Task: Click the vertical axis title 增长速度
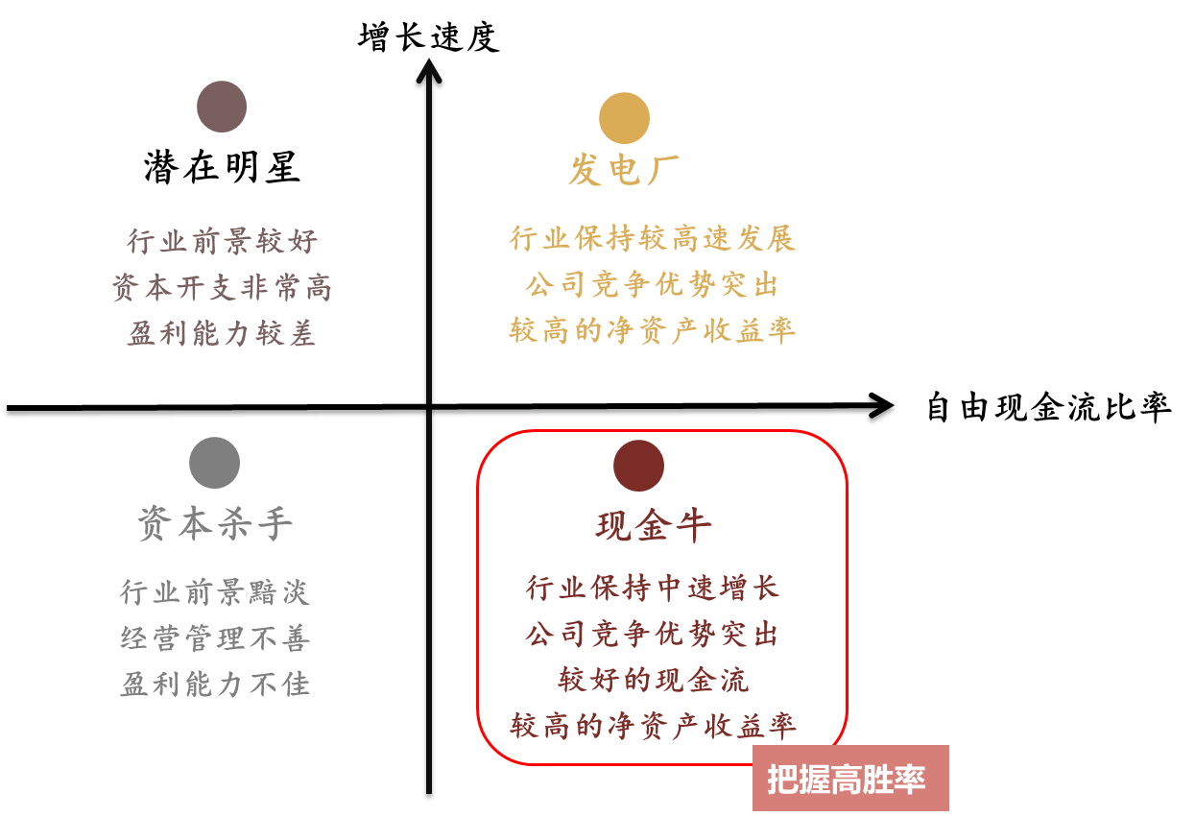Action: (x=429, y=36)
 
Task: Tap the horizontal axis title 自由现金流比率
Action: (x=1049, y=407)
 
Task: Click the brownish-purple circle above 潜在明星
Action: (x=222, y=107)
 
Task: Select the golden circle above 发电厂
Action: (x=624, y=118)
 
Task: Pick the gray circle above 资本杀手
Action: (x=214, y=463)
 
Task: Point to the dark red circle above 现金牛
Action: (x=638, y=466)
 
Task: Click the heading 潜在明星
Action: (x=222, y=168)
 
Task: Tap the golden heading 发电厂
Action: (x=624, y=170)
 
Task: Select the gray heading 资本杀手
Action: (x=215, y=523)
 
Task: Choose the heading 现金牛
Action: (x=654, y=526)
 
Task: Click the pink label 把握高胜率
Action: (x=850, y=779)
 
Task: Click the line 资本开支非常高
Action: (x=222, y=287)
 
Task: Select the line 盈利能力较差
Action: (x=222, y=333)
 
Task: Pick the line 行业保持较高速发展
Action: (x=653, y=238)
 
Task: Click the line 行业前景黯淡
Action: (x=214, y=591)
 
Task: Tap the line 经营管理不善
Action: (x=214, y=637)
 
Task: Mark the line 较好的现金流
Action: (x=654, y=680)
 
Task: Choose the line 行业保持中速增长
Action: (x=653, y=588)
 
